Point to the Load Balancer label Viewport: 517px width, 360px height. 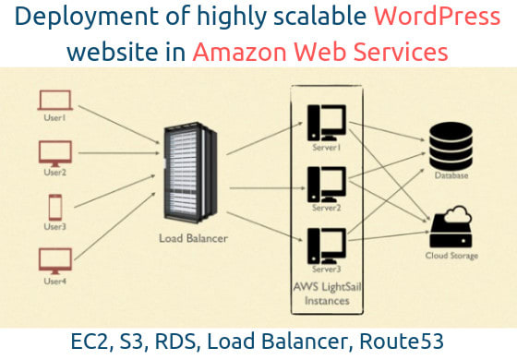[x=193, y=238]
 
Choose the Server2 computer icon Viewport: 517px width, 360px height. [x=329, y=179]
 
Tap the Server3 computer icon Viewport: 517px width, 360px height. [x=329, y=242]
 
